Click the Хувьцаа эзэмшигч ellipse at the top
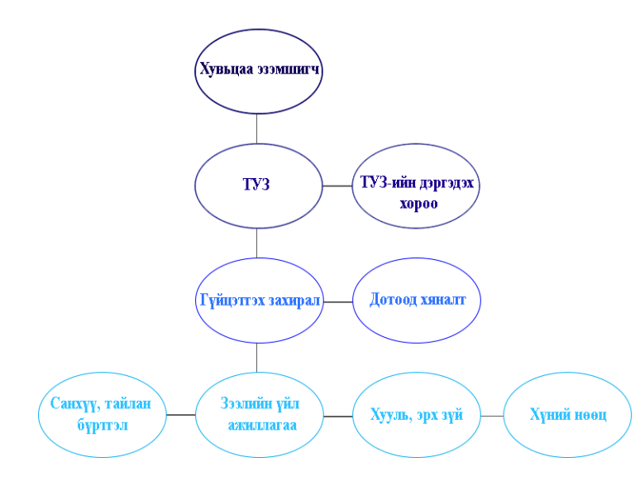(258, 71)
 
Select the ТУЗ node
(258, 185)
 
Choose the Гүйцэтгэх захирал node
(258, 300)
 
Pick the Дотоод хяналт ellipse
(416, 300)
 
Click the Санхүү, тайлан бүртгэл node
(101, 415)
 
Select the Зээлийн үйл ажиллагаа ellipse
(258, 415)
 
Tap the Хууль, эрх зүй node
(416, 415)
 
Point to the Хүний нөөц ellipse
(567, 415)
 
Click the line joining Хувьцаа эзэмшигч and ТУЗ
(257, 128)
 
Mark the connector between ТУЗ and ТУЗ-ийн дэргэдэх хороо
(337, 185)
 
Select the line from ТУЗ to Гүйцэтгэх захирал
(257, 243)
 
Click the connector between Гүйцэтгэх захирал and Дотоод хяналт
(337, 301)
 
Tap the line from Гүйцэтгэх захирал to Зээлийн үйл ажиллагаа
(257, 358)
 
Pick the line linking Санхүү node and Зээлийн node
(180, 415)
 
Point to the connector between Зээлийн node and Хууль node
(337, 416)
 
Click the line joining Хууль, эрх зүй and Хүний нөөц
(491, 416)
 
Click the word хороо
(418, 203)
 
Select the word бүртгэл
(103, 426)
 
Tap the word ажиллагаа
(263, 426)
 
